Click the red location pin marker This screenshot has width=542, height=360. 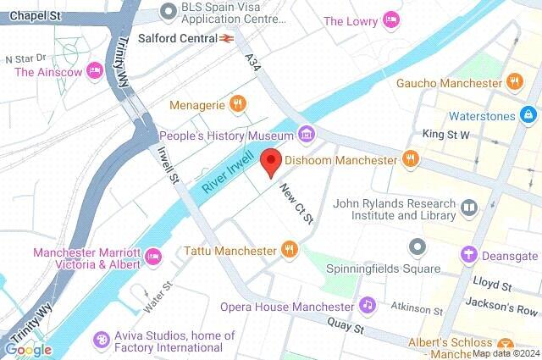coord(270,161)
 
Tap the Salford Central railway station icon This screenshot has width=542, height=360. coord(227,38)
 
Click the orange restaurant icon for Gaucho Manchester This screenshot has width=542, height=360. coord(513,83)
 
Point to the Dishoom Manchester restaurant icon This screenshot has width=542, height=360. coord(411,159)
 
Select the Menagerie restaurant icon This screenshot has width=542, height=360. coord(240,104)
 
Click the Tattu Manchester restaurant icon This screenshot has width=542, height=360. coord(290,250)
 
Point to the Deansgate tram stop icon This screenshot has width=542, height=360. coord(467,255)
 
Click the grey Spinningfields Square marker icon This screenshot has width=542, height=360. coord(416,247)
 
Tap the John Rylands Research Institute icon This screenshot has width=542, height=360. coord(468,207)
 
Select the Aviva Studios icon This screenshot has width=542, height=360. coord(102,339)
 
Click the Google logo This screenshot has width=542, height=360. coord(27,349)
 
